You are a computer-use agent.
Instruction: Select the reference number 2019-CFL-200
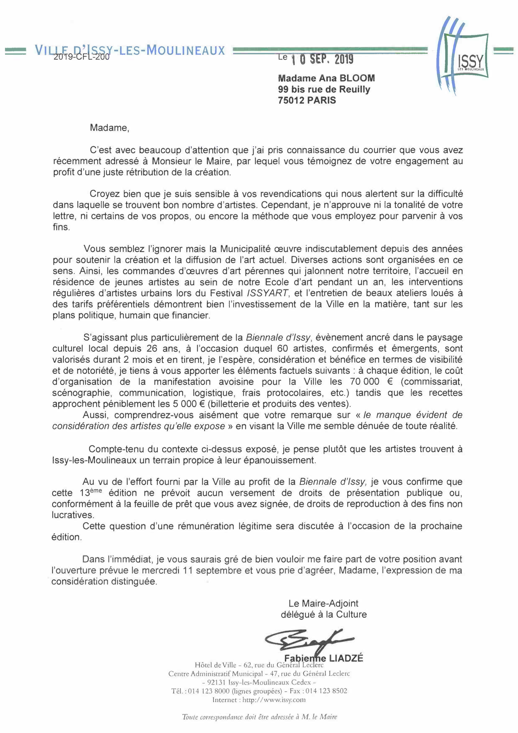(x=81, y=57)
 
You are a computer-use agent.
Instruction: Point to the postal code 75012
(x=291, y=100)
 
